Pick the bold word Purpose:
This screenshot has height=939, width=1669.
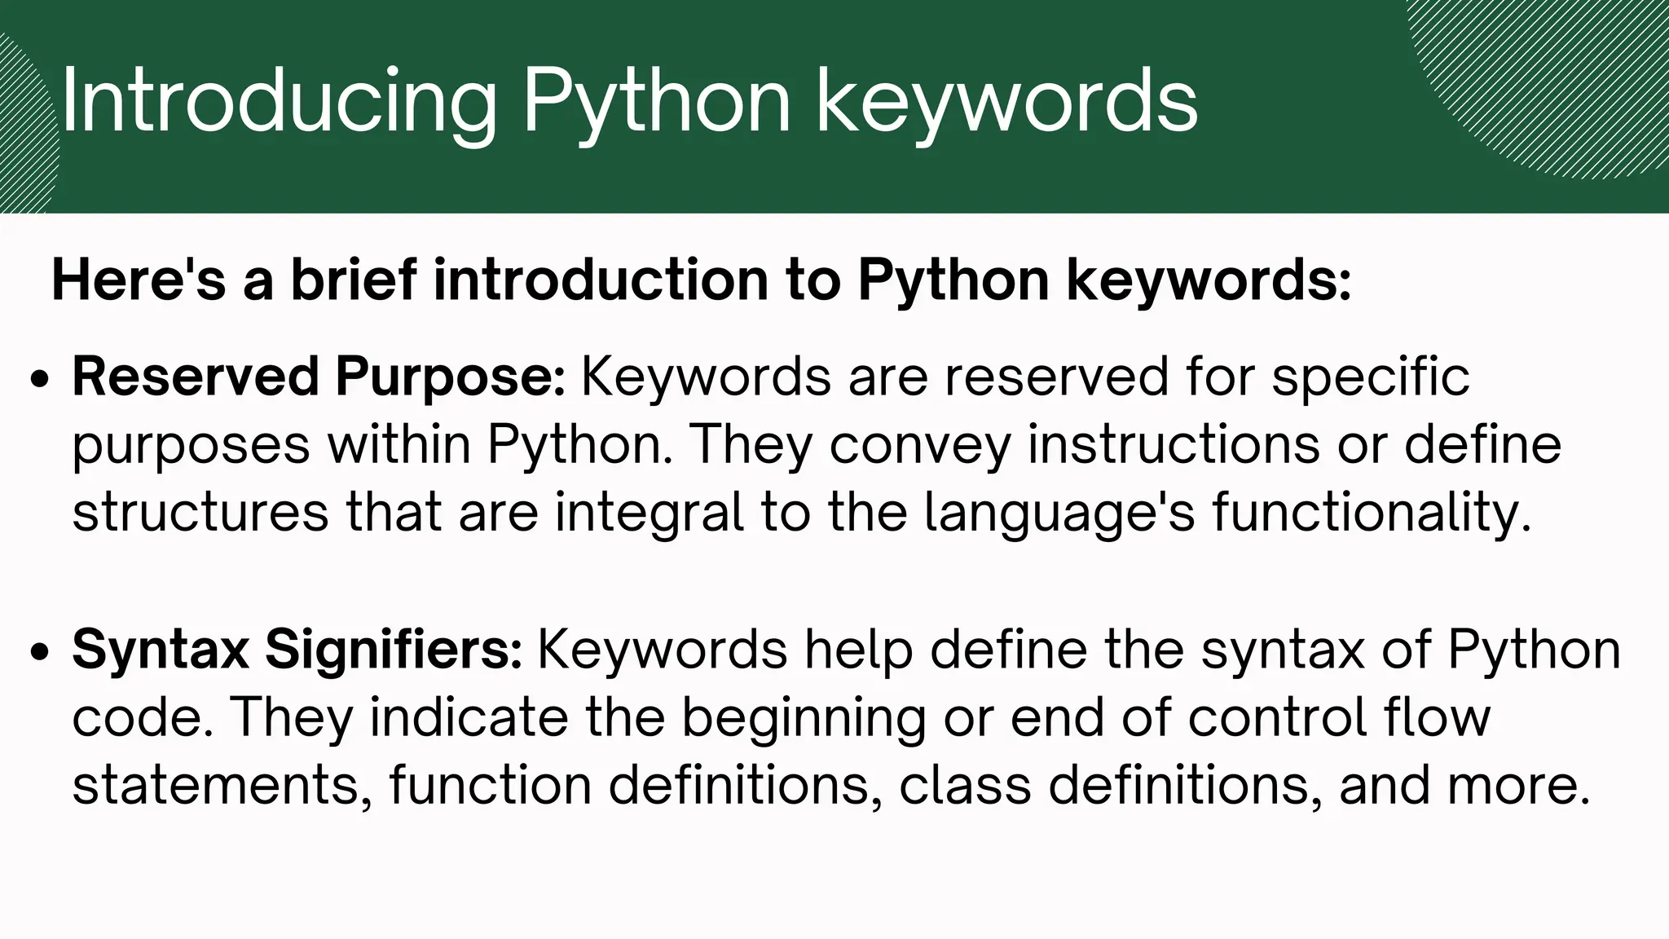450,377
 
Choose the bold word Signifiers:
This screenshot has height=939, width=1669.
394,650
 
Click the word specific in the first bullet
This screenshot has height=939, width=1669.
1371,377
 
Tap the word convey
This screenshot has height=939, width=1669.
920,445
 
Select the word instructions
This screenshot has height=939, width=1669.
1174,445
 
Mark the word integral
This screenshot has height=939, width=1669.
650,513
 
